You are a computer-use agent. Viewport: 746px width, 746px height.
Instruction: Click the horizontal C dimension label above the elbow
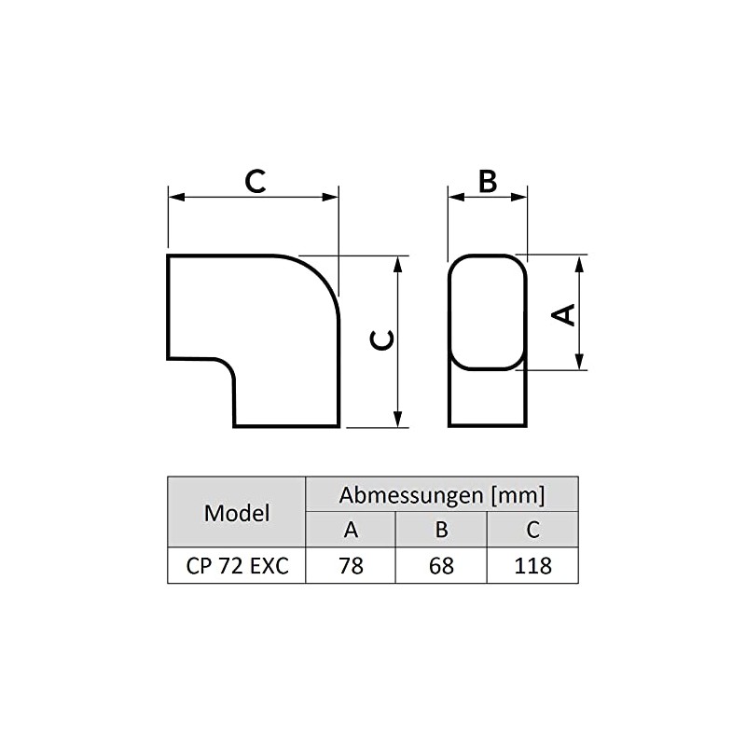tap(255, 180)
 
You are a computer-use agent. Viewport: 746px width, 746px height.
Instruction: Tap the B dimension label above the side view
tap(487, 181)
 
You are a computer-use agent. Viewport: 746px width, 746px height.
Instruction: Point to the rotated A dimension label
tap(563, 313)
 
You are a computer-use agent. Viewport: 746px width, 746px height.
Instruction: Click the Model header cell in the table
tap(237, 512)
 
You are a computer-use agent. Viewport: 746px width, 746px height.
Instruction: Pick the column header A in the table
tap(351, 530)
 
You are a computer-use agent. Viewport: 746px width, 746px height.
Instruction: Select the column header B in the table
tap(442, 530)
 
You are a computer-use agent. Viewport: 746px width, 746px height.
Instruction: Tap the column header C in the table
tap(532, 530)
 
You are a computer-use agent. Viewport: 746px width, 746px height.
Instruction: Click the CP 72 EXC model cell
tap(237, 565)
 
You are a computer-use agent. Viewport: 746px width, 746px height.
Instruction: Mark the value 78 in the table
tap(351, 565)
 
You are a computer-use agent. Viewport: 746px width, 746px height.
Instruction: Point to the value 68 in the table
tap(442, 565)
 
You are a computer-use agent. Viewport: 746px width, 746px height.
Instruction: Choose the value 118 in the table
tap(532, 565)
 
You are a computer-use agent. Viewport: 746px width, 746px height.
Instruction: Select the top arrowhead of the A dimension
tap(580, 262)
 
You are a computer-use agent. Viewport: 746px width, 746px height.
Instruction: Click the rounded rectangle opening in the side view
tap(488, 312)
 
